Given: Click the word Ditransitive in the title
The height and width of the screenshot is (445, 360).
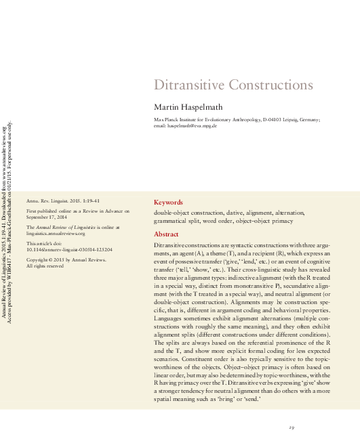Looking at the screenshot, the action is [185, 85].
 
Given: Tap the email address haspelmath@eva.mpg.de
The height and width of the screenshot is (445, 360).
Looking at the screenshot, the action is [193, 126].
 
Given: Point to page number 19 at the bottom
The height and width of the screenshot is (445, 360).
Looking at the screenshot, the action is [291, 427].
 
